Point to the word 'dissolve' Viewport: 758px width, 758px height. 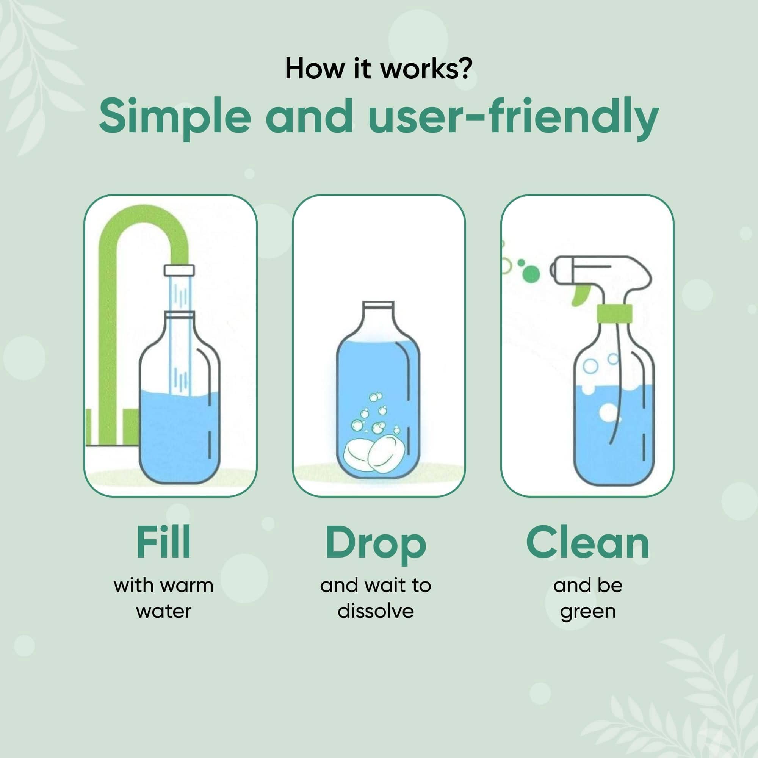376,611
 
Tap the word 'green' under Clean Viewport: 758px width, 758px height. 587,612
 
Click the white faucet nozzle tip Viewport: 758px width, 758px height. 179,270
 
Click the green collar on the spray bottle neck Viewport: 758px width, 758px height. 614,313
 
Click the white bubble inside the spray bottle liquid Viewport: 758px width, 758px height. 609,412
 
